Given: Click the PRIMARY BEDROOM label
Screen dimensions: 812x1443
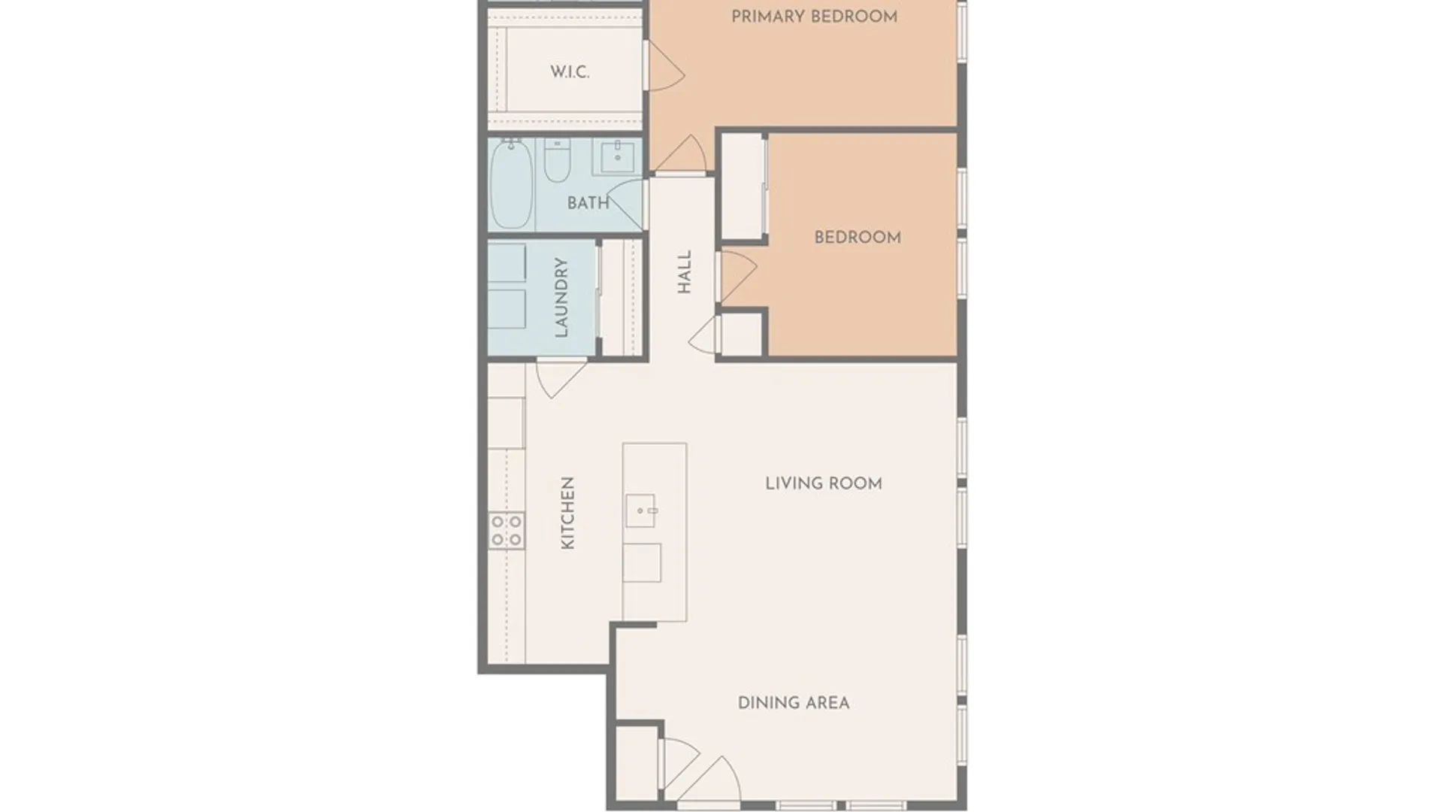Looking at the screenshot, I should pyautogui.click(x=814, y=17).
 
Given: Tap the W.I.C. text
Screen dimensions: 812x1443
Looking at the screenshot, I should pyautogui.click(x=569, y=72).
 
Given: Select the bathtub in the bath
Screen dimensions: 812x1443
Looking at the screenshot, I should pyautogui.click(x=511, y=184).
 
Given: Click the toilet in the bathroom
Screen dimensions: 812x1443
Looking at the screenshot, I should pyautogui.click(x=557, y=160).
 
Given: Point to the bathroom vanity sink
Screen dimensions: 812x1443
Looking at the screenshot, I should pyautogui.click(x=617, y=156).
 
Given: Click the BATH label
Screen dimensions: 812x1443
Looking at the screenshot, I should pyautogui.click(x=588, y=203).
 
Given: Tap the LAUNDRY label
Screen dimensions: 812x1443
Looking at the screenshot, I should pyautogui.click(x=561, y=297).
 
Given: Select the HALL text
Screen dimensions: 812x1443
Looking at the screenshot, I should pyautogui.click(x=684, y=272).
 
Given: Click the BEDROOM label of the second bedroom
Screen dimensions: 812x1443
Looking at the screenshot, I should pyautogui.click(x=858, y=238).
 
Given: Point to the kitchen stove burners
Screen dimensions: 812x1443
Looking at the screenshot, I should pyautogui.click(x=507, y=530).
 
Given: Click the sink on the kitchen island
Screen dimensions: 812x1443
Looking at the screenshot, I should pyautogui.click(x=641, y=511).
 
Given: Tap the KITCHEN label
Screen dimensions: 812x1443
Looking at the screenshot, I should pyautogui.click(x=568, y=513).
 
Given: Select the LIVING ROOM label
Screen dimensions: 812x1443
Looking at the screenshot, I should pyautogui.click(x=823, y=483).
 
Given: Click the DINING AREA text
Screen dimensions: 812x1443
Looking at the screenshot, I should pyautogui.click(x=793, y=703).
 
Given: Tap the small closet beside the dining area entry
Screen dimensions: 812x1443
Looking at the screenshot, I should pyautogui.click(x=635, y=763).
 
